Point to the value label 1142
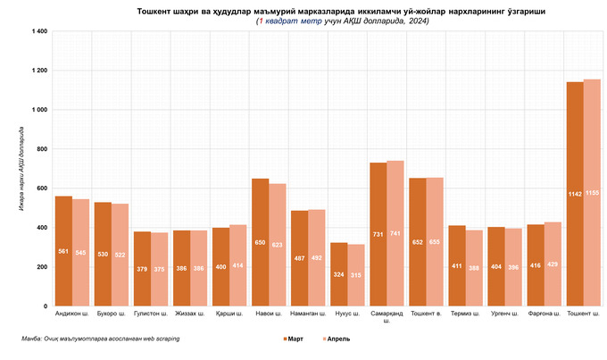point(575,194)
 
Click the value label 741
point(395,234)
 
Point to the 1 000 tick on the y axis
point(37,110)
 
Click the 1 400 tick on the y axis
point(37,31)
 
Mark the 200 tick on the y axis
point(41,267)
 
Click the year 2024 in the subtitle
point(417,21)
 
